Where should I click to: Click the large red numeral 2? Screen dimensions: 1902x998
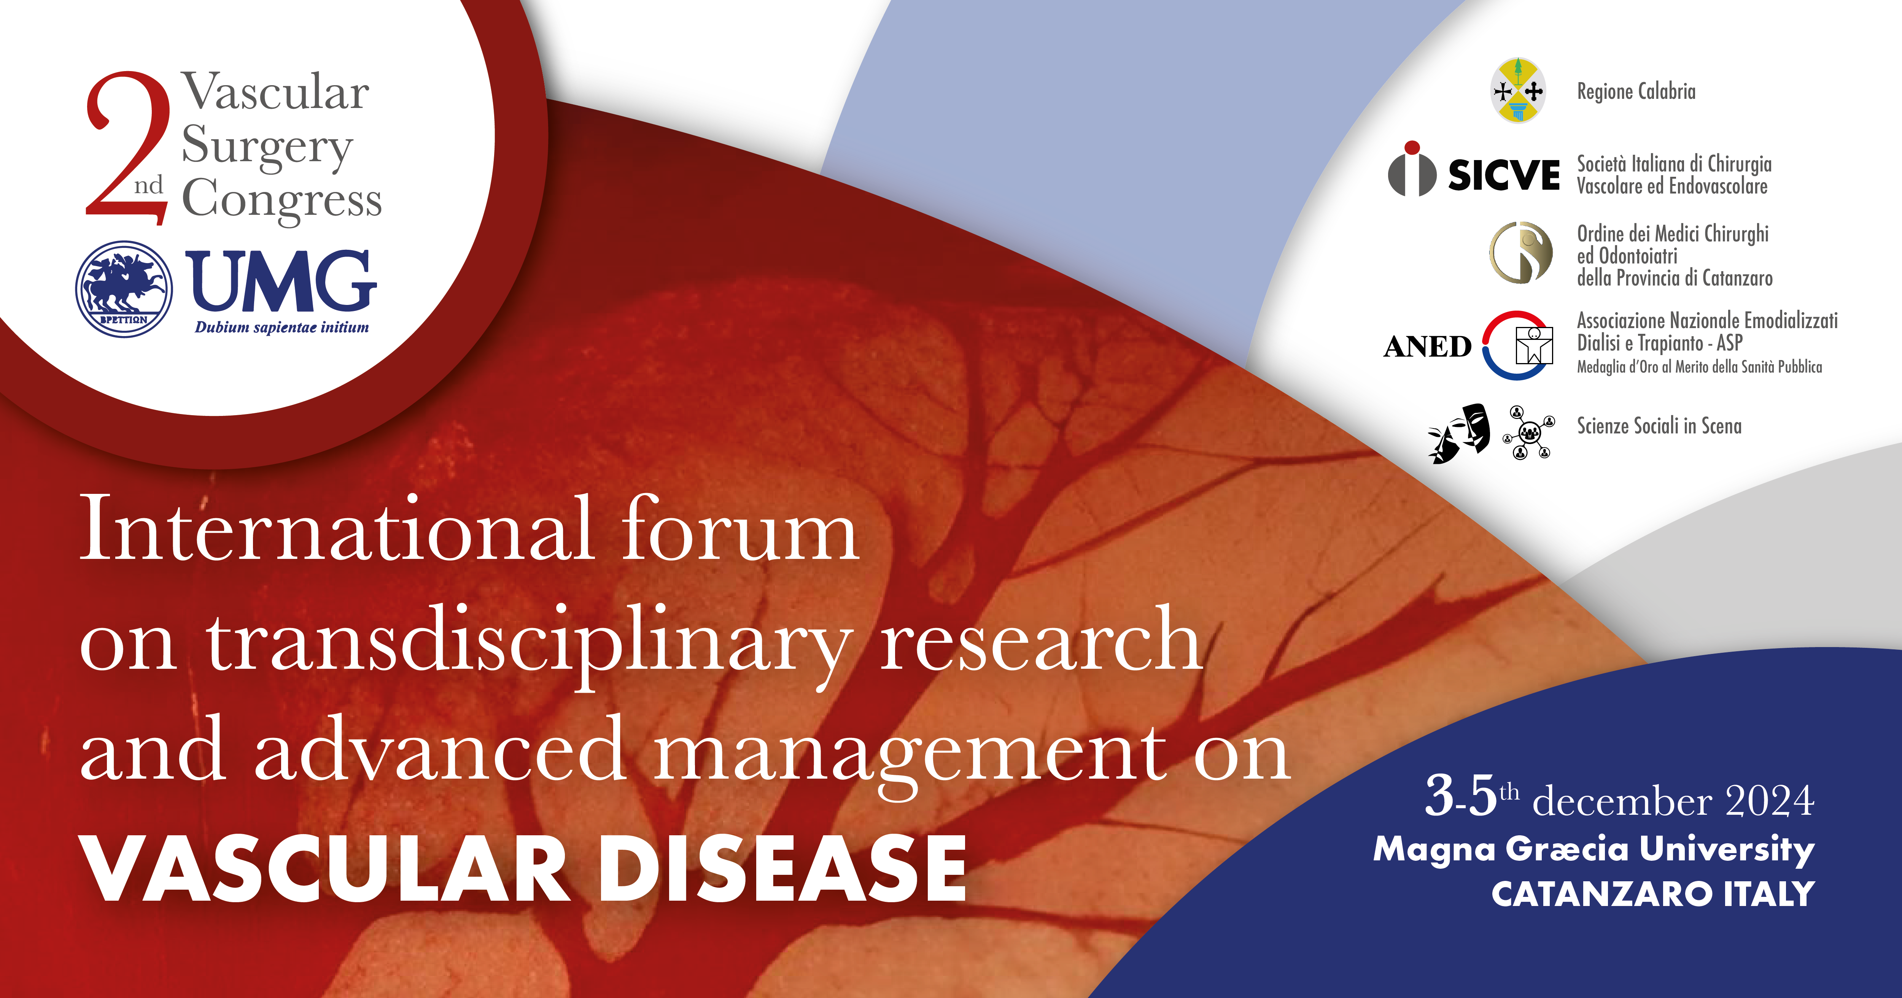[x=127, y=148]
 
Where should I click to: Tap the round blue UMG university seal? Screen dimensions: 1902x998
[x=124, y=289]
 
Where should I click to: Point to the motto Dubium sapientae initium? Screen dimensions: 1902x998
[x=282, y=328]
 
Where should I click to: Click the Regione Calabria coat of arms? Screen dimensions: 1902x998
[x=1518, y=90]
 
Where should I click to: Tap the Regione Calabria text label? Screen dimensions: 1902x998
[x=1636, y=92]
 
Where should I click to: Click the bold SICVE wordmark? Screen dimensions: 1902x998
[x=1503, y=175]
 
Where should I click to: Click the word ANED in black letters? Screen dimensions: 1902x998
[x=1427, y=346]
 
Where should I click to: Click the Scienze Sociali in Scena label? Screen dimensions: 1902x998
[x=1659, y=426]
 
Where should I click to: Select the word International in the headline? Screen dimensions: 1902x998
[x=337, y=529]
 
